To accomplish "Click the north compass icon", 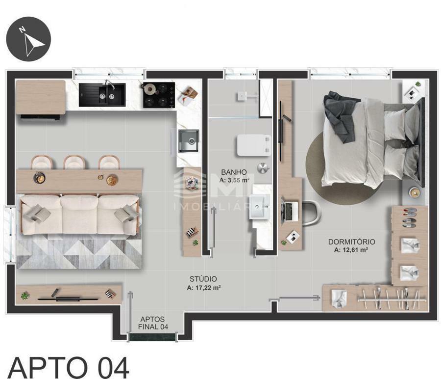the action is click(x=29, y=39).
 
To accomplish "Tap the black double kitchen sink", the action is click(x=102, y=95).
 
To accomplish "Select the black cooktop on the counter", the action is click(x=159, y=95).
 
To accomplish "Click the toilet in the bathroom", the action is click(x=254, y=145).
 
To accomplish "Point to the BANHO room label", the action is click(x=234, y=172).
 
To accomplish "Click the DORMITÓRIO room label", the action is click(x=351, y=242).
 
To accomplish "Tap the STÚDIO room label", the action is click(x=203, y=279).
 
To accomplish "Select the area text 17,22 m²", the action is click(x=204, y=288).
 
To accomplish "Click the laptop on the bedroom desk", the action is click(x=290, y=211).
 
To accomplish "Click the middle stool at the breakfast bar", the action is click(x=74, y=162).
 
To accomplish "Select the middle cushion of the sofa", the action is click(x=79, y=214).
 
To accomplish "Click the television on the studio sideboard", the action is click(x=68, y=298).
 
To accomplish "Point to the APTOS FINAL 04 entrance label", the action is click(x=153, y=323).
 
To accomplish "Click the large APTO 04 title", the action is click(x=69, y=367).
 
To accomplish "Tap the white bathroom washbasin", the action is click(x=260, y=207).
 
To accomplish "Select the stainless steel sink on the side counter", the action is click(x=189, y=140).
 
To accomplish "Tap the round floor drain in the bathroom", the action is click(x=263, y=168).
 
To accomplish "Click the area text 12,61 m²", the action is click(x=351, y=250).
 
